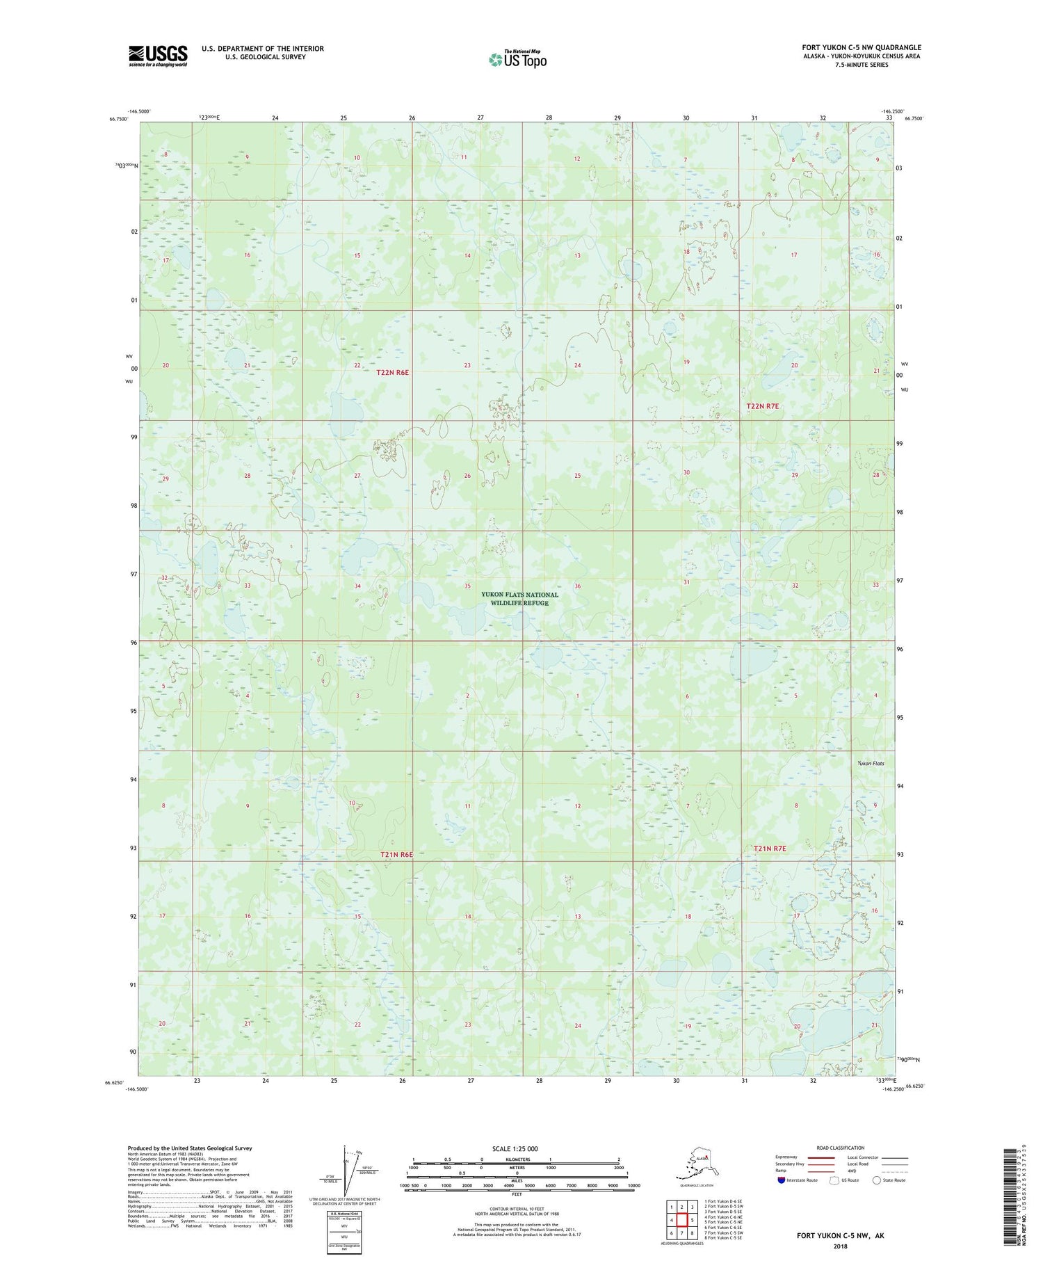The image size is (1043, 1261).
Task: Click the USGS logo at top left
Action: coord(158,56)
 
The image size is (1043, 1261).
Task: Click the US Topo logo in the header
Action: coord(517,59)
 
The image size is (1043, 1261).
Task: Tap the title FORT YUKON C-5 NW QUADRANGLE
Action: coord(862,47)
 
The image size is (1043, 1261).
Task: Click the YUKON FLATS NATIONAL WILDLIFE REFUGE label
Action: coord(519,599)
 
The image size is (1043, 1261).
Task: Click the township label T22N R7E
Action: coord(763,405)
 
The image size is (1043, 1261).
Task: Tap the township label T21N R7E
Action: coord(770,849)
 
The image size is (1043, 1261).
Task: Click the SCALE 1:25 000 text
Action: coord(515,1149)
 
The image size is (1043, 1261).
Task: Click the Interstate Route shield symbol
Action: coord(782,1180)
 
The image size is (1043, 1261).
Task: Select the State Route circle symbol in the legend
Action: coord(877,1180)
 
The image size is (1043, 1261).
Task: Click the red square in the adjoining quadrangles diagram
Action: coord(683,1220)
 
